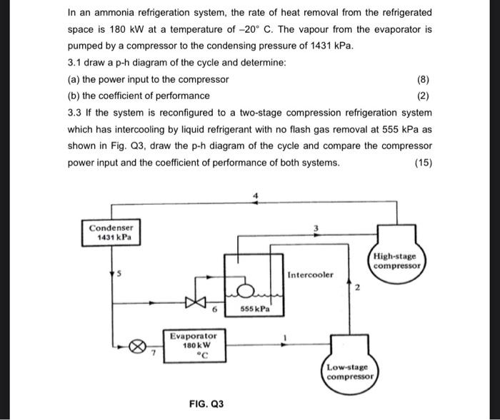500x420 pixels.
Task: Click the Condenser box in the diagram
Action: pos(111,232)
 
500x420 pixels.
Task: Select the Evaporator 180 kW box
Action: pos(194,346)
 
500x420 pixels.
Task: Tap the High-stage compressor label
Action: pos(396,261)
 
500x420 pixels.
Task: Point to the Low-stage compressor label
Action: pos(349,372)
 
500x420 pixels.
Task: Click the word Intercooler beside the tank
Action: pos(310,275)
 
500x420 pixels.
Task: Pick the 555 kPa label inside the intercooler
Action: pos(255,309)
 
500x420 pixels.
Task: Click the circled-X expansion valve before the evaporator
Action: pos(137,347)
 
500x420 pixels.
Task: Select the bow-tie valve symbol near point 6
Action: pos(196,302)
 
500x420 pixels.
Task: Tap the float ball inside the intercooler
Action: pos(245,291)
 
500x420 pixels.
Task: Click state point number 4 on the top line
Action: pos(255,195)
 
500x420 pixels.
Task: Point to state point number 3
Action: pos(316,228)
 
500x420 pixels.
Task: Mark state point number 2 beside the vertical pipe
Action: pos(357,287)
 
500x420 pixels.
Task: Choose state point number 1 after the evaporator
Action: pos(285,337)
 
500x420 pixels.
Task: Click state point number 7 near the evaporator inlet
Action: pos(154,352)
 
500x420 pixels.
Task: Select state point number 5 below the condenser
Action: pos(119,274)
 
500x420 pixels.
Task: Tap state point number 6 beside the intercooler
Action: pos(214,309)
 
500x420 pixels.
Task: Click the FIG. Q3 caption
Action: pos(206,404)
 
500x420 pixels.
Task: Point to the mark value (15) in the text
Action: pos(424,163)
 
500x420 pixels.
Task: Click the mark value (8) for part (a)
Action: pos(423,79)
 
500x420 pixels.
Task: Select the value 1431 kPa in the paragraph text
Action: pos(331,46)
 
